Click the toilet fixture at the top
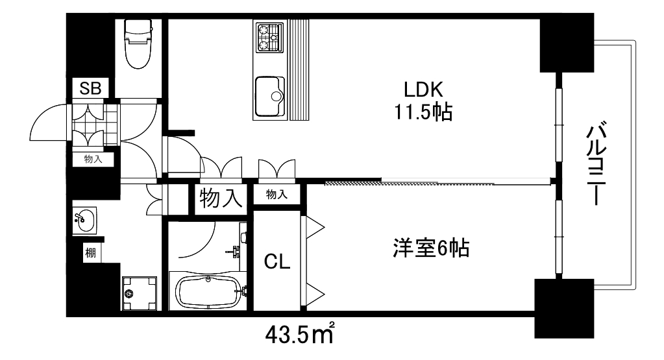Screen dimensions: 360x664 pyautogui.click(x=138, y=43)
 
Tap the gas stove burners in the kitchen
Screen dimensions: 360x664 pyautogui.click(x=268, y=38)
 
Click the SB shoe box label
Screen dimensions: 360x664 pyautogui.click(x=90, y=88)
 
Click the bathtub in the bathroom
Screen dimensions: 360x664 pyautogui.click(x=206, y=290)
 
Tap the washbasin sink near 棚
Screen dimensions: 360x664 pyautogui.click(x=84, y=221)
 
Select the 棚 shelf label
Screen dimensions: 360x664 pyautogui.click(x=90, y=253)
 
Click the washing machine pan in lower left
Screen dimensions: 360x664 pyautogui.click(x=140, y=294)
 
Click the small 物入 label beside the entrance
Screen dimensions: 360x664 pyautogui.click(x=93, y=159)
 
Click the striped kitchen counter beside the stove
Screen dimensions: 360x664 pyautogui.click(x=299, y=70)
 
